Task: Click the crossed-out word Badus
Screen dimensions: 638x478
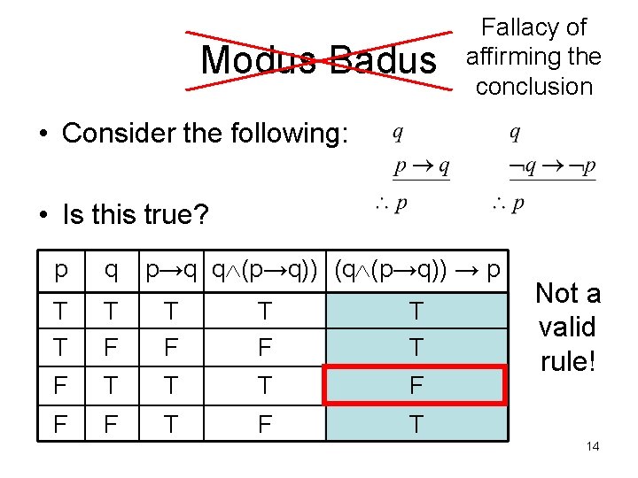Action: point(384,60)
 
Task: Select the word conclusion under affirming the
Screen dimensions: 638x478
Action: point(533,87)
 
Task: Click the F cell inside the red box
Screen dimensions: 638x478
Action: point(416,385)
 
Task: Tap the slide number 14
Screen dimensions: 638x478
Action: point(593,446)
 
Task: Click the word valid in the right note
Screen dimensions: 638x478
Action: point(567,328)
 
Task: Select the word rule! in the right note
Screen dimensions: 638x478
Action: point(567,361)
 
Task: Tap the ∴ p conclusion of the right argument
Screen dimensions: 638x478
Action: point(508,204)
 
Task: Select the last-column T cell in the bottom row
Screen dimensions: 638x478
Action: point(416,425)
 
